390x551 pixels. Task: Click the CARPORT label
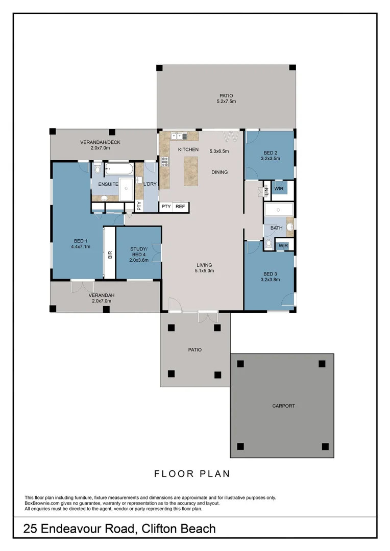point(283,406)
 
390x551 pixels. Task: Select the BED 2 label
point(271,153)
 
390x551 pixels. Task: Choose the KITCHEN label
point(188,149)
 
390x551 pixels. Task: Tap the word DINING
point(220,172)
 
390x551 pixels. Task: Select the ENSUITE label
point(108,184)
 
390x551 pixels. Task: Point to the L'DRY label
point(150,184)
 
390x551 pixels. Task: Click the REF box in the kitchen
point(180,207)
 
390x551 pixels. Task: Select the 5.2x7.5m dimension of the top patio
point(226,102)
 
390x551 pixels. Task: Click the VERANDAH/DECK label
point(100,142)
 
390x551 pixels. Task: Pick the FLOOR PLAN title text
point(192,474)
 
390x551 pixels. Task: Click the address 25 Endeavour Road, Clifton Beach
point(119,529)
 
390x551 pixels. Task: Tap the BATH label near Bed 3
point(276,228)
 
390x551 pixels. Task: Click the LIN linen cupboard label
point(266,191)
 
